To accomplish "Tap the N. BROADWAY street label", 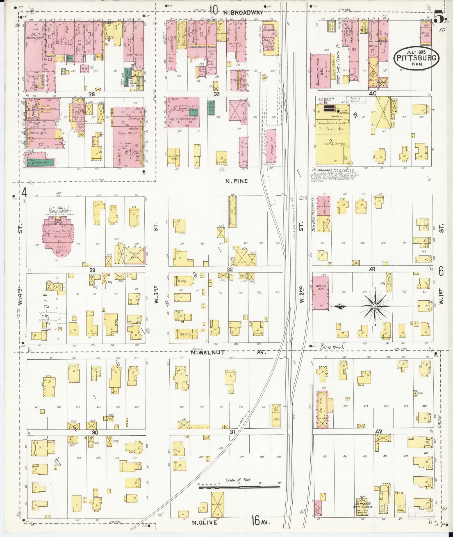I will pos(243,12).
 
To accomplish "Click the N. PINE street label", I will pos(236,181).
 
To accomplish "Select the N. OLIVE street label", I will pos(205,523).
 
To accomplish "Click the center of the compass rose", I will pos(375,306).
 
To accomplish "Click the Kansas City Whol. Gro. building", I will pos(320,72).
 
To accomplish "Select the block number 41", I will pos(372,269).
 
